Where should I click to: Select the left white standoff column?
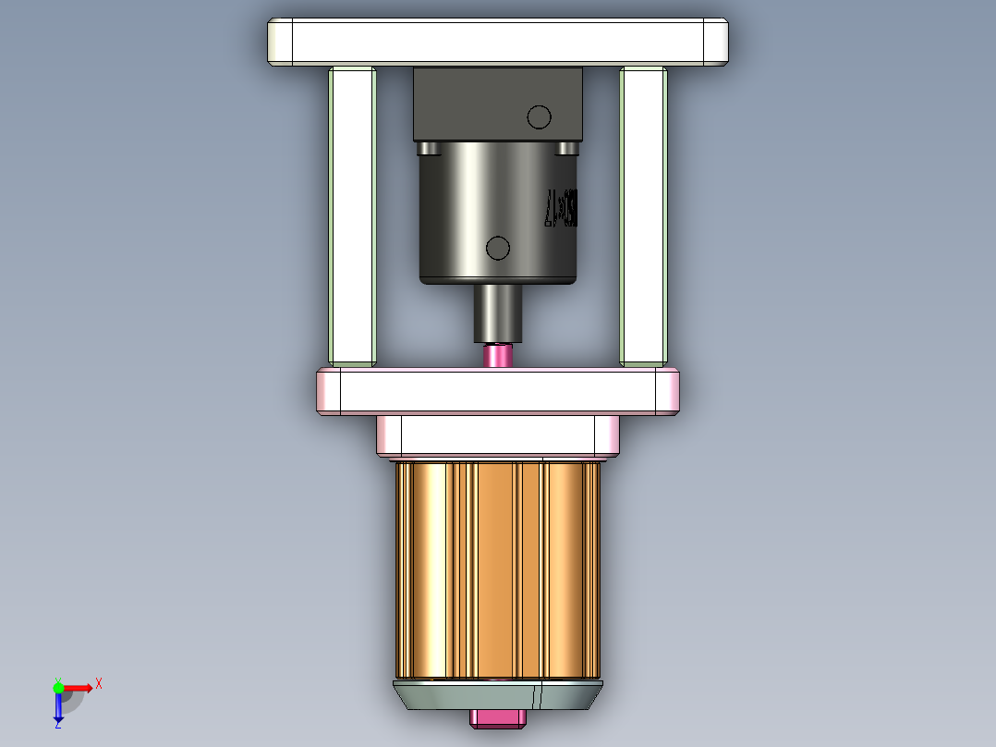pyautogui.click(x=352, y=214)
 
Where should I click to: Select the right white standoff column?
pyautogui.click(x=643, y=214)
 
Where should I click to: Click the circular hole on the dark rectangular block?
pyautogui.click(x=539, y=117)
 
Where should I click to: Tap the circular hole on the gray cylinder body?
pyautogui.click(x=498, y=248)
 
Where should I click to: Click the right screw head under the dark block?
pyautogui.click(x=568, y=148)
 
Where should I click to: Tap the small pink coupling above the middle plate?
pyautogui.click(x=498, y=355)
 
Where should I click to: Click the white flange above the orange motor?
pyautogui.click(x=497, y=435)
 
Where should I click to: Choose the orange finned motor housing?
pyautogui.click(x=497, y=569)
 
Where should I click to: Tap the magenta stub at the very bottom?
pyautogui.click(x=497, y=718)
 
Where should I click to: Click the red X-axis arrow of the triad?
pyautogui.click(x=79, y=687)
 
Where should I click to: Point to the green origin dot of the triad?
pyautogui.click(x=58, y=687)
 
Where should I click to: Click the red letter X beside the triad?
pyautogui.click(x=99, y=684)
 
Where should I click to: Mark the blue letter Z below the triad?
pyautogui.click(x=57, y=726)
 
